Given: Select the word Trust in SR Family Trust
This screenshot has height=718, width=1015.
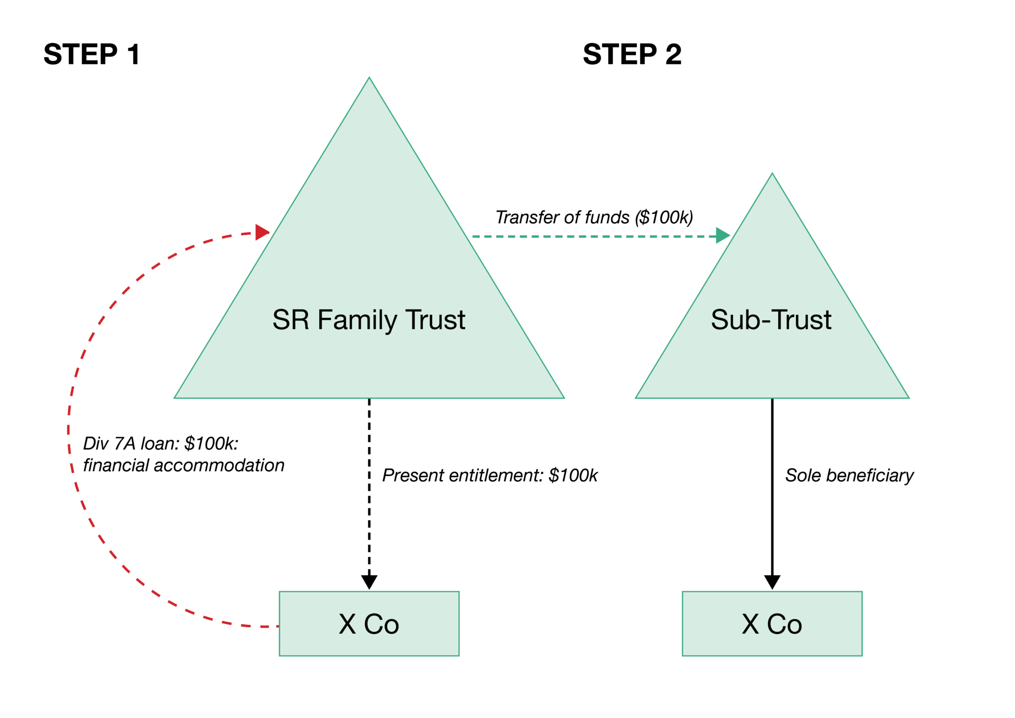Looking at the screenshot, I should pyautogui.click(x=436, y=320).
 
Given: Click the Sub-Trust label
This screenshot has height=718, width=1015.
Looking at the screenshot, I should pyautogui.click(x=771, y=320).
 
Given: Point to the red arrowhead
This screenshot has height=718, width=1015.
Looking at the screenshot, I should pyautogui.click(x=262, y=232).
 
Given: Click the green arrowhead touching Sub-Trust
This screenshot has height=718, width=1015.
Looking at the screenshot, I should pyautogui.click(x=723, y=236).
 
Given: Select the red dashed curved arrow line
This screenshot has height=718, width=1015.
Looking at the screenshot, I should pyautogui.click(x=69, y=426).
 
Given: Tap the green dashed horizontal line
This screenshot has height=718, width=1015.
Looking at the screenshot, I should pyautogui.click(x=595, y=237).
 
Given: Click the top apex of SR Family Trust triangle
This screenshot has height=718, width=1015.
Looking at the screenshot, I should pyautogui.click(x=369, y=78).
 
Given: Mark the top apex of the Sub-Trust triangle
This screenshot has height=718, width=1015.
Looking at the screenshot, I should pyautogui.click(x=772, y=174).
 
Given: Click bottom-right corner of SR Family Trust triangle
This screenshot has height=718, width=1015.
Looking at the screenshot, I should pyautogui.click(x=564, y=397).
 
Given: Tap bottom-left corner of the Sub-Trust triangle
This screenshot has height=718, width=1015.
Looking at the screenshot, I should pyautogui.click(x=636, y=397).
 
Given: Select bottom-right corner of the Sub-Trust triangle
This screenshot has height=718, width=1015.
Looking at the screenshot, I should pyautogui.click(x=908, y=397).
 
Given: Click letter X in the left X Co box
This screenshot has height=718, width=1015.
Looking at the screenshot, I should pyautogui.click(x=347, y=624).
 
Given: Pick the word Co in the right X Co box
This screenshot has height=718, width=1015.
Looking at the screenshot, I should pyautogui.click(x=785, y=624).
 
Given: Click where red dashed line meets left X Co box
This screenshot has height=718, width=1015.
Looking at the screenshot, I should pyautogui.click(x=279, y=627).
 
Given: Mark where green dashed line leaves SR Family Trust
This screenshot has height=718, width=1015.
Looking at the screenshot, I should pyautogui.click(x=472, y=237).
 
